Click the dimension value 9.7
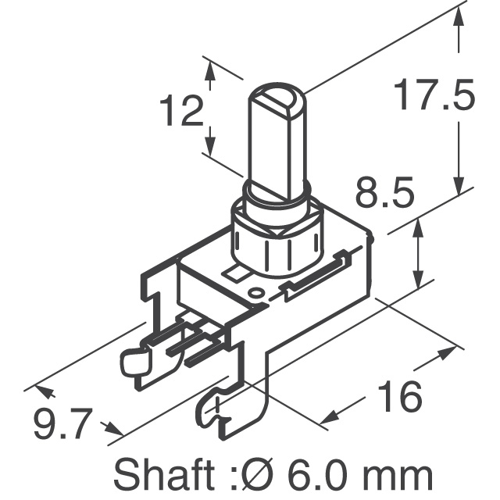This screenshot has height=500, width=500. (x=59, y=426)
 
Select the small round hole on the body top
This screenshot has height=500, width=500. (x=255, y=293)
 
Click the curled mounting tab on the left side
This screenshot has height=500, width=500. (x=134, y=361)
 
